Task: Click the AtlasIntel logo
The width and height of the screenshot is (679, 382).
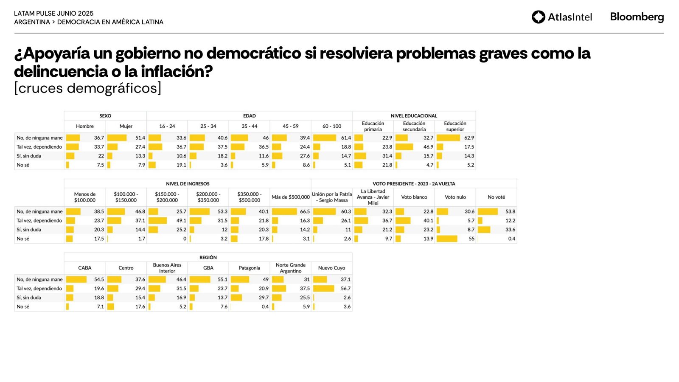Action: (561, 17)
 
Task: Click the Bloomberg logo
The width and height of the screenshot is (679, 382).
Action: (637, 17)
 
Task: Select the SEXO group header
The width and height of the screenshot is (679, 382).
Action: (105, 116)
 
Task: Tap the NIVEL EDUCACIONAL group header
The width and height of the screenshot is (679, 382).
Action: (414, 116)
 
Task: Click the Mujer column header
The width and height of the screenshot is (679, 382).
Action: (126, 126)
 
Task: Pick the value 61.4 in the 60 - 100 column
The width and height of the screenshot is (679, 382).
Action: (346, 138)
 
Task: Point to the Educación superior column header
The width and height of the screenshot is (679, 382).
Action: (455, 126)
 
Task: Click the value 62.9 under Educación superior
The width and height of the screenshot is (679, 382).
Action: (469, 138)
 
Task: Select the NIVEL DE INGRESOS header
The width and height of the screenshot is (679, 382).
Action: (188, 184)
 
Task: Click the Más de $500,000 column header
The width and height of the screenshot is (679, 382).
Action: (291, 197)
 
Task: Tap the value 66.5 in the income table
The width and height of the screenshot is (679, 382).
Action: (305, 212)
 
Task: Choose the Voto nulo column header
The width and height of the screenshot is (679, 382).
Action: (455, 197)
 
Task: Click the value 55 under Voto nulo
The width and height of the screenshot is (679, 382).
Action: (471, 239)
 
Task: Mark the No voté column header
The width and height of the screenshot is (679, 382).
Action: (496, 197)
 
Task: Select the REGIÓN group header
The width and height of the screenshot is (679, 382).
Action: (208, 258)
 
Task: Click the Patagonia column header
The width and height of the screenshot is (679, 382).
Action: (249, 268)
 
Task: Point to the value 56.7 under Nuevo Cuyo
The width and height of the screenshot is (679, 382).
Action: (345, 289)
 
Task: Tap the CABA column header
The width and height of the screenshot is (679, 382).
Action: (85, 268)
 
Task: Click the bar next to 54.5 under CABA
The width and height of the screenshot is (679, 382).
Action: (76, 280)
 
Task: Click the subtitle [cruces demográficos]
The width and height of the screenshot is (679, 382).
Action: (88, 88)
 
